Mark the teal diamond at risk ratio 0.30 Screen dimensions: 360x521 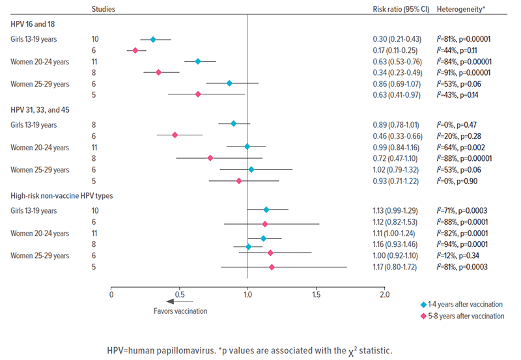click(153, 39)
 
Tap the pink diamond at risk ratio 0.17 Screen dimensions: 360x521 click(135, 50)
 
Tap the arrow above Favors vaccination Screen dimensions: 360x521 click(180, 301)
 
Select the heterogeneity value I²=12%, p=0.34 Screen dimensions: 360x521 click(460, 256)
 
